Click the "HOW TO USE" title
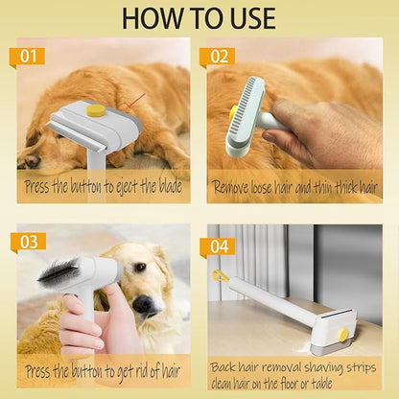(x=199, y=17)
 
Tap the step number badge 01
(x=29, y=56)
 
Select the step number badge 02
(x=219, y=56)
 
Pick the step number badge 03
(x=29, y=243)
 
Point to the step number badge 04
(x=219, y=246)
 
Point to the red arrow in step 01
(x=136, y=100)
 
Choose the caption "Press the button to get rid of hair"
(x=103, y=371)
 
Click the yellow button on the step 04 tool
(x=341, y=334)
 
